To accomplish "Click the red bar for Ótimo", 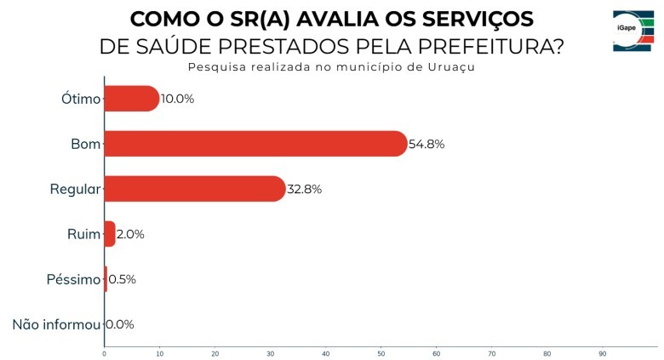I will [x=131, y=99].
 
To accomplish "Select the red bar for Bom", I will [x=255, y=144].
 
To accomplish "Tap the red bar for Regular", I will [x=194, y=189].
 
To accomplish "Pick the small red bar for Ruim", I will [x=109, y=234].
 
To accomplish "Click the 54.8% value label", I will [x=426, y=144].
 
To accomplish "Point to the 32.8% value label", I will [x=304, y=189].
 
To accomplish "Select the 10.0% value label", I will [x=177, y=99].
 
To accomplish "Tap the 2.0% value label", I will [x=130, y=234].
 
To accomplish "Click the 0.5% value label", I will [x=122, y=279].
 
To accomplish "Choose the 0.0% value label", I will [x=119, y=324].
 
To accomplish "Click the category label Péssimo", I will [x=73, y=279].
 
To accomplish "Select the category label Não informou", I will [x=56, y=324].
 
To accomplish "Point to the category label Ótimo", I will [x=81, y=99].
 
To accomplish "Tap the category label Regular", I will [x=75, y=189].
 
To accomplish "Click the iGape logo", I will [x=633, y=32].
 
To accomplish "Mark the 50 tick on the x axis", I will [x=381, y=353].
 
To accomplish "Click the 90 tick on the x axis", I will [x=602, y=353].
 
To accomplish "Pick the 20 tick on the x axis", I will [x=215, y=353].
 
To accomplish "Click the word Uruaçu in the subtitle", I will [x=451, y=67].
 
